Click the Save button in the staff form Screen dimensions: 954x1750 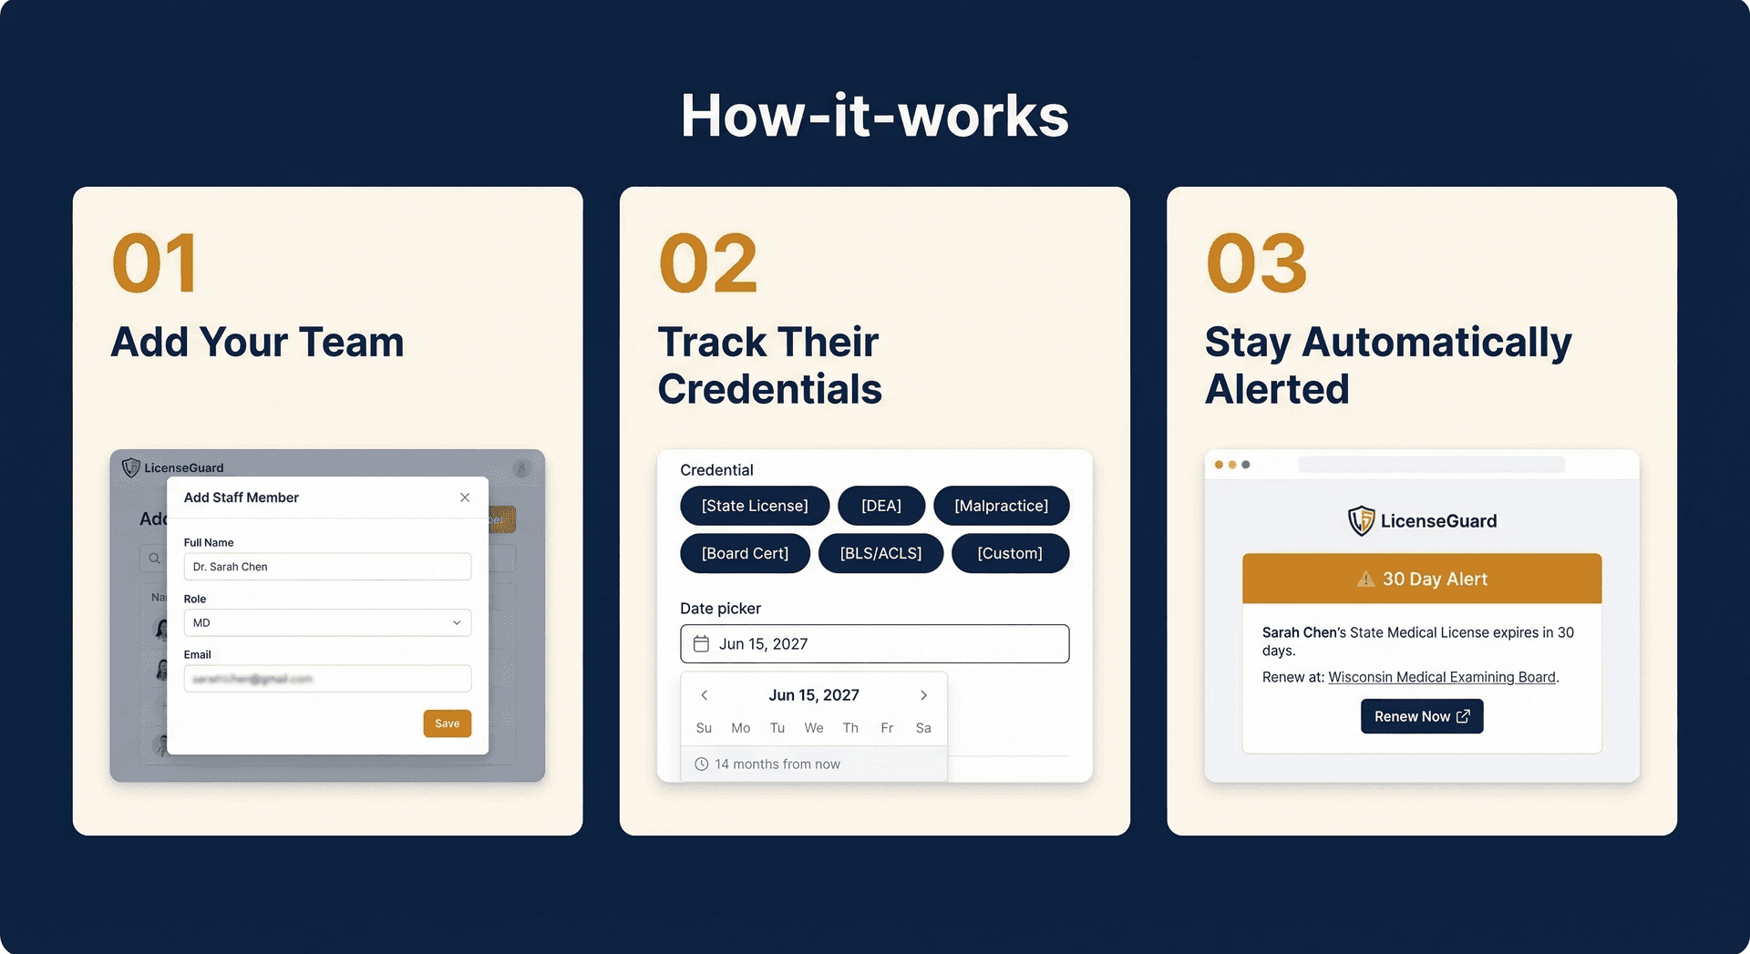coord(447,723)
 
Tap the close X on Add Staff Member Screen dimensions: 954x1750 coord(465,498)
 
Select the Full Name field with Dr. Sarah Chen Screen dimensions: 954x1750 coord(327,567)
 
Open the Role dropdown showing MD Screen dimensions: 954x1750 coord(327,623)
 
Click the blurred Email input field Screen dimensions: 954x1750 coord(327,679)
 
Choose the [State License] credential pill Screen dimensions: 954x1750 coord(755,506)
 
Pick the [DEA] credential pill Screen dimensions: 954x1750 coord(880,506)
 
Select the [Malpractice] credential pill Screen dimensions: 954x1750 coord(1001,506)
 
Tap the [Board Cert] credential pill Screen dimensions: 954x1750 coord(745,553)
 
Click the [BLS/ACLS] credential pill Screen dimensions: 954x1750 coord(880,553)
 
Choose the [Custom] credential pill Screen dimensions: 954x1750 coord(1010,553)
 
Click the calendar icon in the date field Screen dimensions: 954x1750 coord(701,644)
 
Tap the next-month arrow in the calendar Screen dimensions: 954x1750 coord(923,695)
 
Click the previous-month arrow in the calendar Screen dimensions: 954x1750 coord(704,695)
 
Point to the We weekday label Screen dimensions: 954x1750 coord(813,728)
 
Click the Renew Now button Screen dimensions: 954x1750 coord(1421,716)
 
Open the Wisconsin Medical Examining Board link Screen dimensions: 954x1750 coord(1441,677)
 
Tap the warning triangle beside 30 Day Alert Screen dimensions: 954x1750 coord(1365,580)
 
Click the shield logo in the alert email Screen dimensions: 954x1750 coord(1361,521)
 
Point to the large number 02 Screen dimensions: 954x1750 coord(708,263)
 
